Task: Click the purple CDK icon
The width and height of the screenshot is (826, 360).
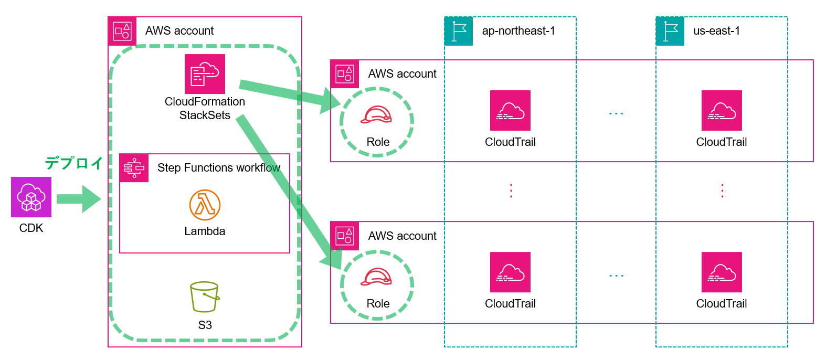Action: point(31,197)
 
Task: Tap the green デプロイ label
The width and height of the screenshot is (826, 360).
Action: point(73,163)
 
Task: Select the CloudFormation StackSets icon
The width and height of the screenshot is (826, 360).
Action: point(205,74)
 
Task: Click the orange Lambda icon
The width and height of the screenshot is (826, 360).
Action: point(205,205)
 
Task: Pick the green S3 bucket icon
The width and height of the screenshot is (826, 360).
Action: point(205,297)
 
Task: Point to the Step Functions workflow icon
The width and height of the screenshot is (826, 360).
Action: point(134,168)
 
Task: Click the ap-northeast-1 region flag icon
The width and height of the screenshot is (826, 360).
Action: point(459,31)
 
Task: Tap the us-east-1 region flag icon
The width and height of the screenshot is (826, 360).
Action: point(670,31)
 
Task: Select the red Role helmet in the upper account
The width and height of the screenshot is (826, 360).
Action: point(376,115)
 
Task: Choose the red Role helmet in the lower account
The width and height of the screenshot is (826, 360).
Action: point(376,277)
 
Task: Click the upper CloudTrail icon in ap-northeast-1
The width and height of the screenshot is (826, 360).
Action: point(510,110)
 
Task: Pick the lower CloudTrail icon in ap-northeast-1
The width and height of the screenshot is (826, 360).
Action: point(510,272)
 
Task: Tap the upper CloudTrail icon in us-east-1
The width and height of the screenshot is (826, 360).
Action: point(722,110)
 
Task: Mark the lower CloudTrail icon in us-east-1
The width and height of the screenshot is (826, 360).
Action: point(722,272)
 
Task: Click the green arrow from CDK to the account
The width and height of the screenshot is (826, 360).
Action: point(78,199)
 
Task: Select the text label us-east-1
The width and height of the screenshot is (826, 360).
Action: point(716,31)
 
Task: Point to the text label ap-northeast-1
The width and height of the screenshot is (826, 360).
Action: point(518,31)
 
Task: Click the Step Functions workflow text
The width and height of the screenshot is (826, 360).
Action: point(219,168)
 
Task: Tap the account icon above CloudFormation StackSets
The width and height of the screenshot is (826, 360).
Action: point(122,31)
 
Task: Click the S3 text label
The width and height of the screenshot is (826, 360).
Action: point(205,325)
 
